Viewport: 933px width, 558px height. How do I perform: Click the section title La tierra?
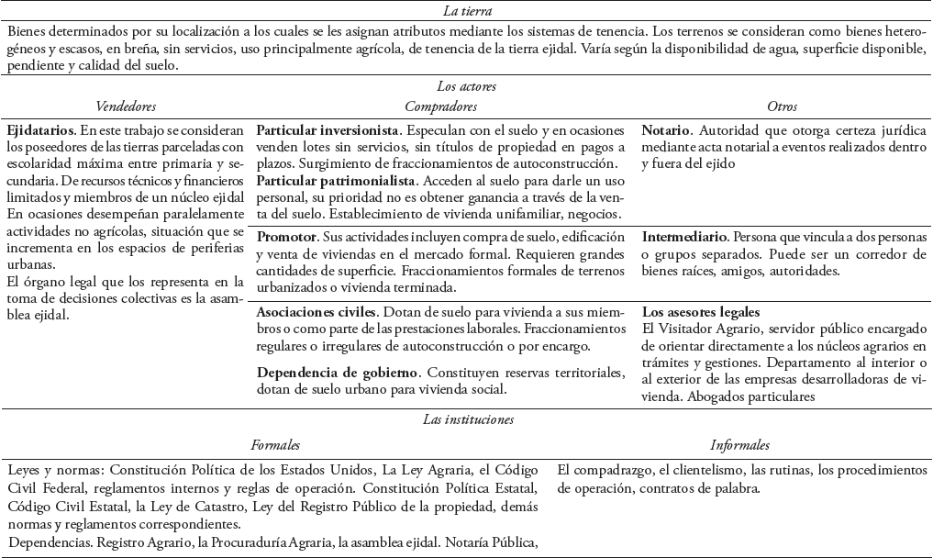point(467,12)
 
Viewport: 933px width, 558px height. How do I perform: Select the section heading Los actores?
point(467,87)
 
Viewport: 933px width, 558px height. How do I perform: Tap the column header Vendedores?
point(127,107)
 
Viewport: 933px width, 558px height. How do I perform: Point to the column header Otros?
point(783,107)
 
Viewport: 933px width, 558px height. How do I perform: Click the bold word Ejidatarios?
point(39,130)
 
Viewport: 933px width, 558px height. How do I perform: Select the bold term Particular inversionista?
point(328,130)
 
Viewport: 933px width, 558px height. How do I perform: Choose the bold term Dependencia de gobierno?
point(337,372)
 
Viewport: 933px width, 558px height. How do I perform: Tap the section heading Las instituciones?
point(467,419)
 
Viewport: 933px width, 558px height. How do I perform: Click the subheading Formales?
point(276,445)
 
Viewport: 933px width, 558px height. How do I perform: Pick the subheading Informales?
point(739,445)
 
